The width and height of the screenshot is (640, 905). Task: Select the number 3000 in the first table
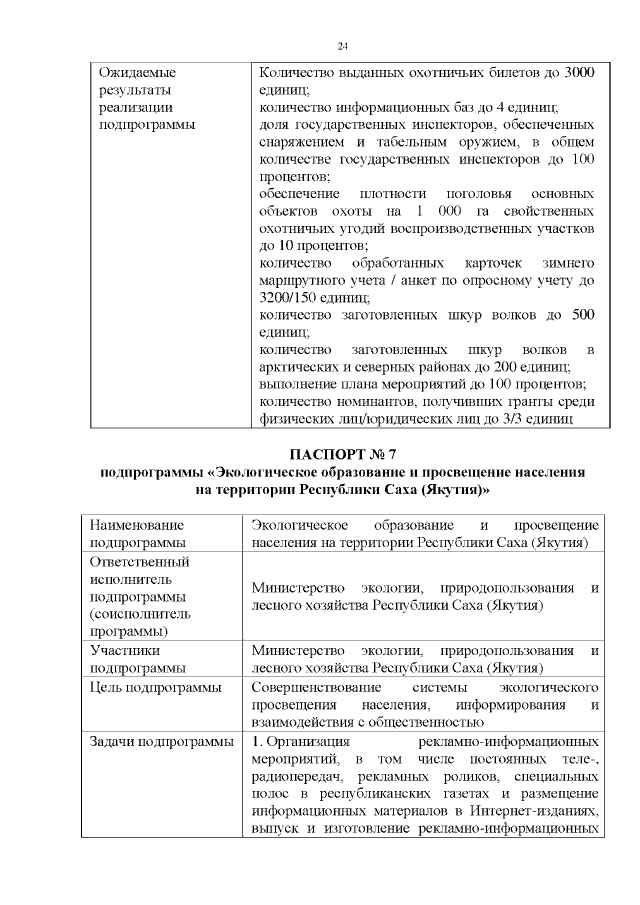pos(581,72)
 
